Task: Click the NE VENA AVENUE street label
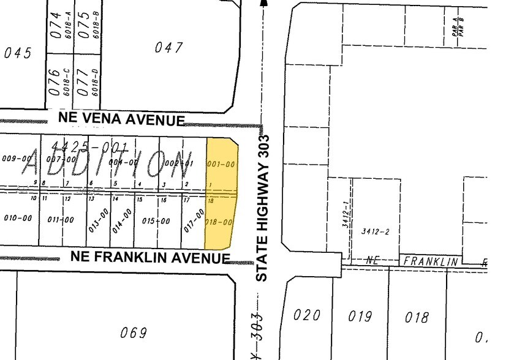pos(121,118)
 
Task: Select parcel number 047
pos(170,47)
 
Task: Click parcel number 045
pos(17,53)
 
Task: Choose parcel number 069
pos(134,332)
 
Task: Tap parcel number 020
pos(307,315)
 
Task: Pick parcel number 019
pos(360,316)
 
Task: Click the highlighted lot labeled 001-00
pos(221,164)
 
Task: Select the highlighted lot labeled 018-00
pos(221,222)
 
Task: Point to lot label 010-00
pos(18,218)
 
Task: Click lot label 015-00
pos(156,220)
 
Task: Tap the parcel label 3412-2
pos(376,231)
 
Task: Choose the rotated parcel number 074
pos(56,24)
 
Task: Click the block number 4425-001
pos(90,146)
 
